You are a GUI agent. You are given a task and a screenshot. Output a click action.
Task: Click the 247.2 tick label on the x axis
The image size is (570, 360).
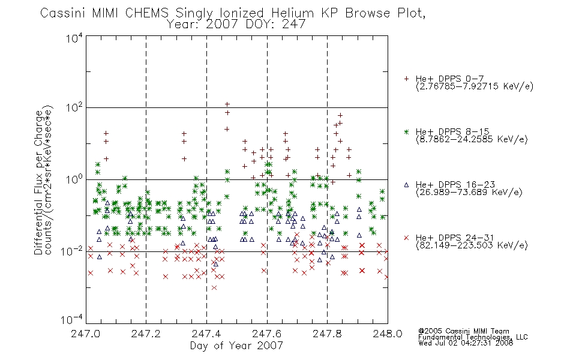146,334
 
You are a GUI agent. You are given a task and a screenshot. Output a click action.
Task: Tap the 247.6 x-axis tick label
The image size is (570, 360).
266,334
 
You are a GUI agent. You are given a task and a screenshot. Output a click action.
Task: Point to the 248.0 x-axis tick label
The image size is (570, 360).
388,334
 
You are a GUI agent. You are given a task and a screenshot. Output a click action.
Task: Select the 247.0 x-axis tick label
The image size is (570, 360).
85,334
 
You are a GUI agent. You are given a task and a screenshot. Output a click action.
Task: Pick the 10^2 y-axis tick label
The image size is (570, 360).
74,108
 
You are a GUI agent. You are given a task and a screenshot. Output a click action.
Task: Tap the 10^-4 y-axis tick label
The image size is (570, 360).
72,319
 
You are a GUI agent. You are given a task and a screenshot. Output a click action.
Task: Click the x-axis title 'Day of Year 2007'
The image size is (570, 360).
236,346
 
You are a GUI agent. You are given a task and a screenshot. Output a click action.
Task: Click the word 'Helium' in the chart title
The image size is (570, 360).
293,13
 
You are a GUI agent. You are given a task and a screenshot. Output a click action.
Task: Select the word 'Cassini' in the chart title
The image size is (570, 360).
63,13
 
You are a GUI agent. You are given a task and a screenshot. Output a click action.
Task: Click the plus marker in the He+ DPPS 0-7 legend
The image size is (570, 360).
406,79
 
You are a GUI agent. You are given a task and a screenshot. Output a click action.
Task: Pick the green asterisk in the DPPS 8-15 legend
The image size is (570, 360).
406,131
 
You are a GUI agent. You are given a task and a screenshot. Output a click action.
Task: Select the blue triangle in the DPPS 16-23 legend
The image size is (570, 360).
406,185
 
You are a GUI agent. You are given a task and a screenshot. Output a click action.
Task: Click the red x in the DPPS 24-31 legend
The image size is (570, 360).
406,238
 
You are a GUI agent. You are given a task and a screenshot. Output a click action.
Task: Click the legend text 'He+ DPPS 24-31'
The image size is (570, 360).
455,238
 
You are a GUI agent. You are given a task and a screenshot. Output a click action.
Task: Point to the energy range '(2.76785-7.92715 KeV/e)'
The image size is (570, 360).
475,86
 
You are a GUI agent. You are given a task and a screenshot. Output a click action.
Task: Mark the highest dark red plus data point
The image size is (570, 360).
227,104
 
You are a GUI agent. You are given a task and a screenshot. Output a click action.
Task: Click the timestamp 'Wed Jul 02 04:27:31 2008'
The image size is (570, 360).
466,343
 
